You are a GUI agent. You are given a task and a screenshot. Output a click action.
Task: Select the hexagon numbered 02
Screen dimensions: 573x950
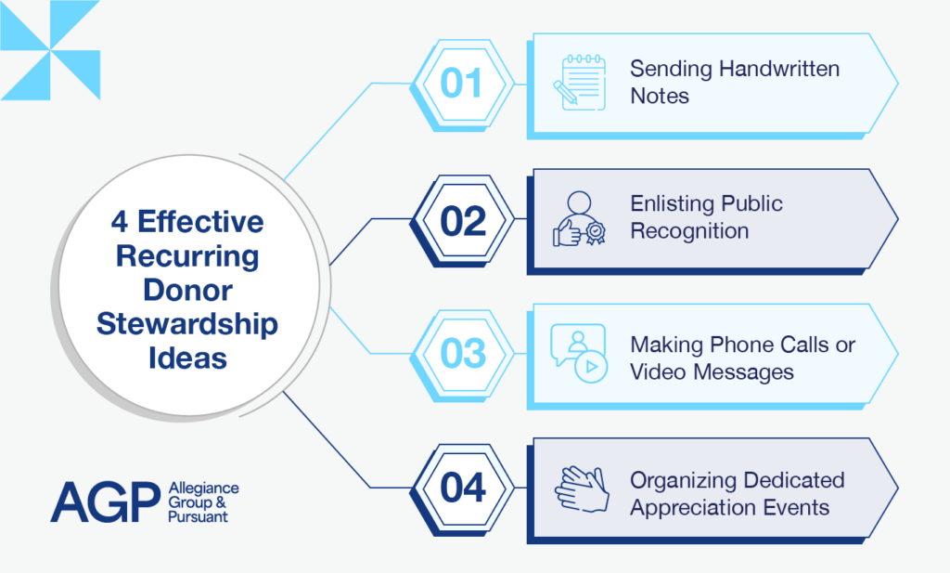[x=462, y=221]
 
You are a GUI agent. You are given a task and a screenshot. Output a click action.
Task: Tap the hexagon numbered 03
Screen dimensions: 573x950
[x=462, y=355]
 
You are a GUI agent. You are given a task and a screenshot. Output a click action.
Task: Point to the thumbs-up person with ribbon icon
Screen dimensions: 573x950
[x=579, y=220]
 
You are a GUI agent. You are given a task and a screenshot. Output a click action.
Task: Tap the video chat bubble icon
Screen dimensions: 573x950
[x=578, y=354]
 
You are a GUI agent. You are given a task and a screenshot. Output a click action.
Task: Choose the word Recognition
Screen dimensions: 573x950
[x=689, y=231]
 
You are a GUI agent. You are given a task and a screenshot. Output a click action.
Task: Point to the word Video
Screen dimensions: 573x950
[x=659, y=371]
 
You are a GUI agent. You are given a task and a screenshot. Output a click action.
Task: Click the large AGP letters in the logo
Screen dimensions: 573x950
[x=105, y=502]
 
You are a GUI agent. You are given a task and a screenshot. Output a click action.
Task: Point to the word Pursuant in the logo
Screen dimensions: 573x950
[x=199, y=516]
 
